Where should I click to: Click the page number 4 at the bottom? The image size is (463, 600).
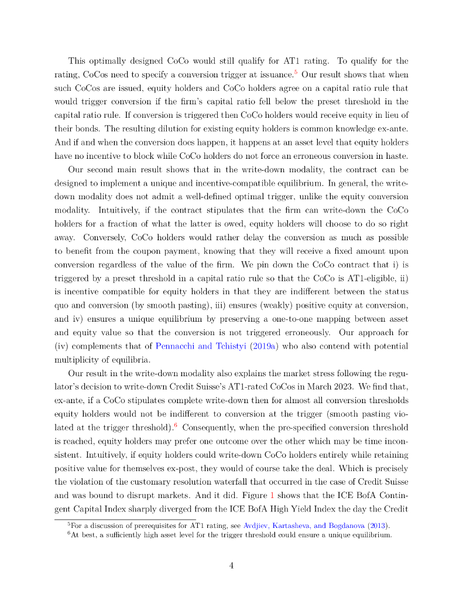(231, 565)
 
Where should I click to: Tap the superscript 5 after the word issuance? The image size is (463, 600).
(296, 72)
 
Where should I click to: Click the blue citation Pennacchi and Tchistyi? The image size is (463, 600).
(197, 346)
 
